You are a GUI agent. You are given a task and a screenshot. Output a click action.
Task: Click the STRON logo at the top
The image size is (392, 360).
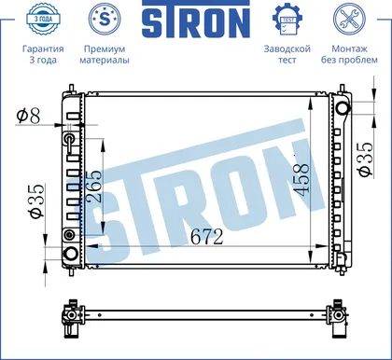tap(196, 20)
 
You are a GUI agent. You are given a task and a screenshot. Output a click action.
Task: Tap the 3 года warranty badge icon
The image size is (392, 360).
tap(43, 19)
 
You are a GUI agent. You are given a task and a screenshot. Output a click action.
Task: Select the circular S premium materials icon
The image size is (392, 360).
tap(105, 19)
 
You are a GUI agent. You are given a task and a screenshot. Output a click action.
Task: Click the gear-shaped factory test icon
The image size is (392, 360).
tap(287, 19)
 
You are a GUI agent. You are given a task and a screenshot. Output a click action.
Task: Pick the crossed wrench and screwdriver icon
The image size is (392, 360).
tap(349, 19)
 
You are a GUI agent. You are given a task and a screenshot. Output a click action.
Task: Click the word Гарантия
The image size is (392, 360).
tap(43, 48)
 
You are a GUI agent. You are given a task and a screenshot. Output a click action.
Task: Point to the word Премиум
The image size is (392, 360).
tap(105, 48)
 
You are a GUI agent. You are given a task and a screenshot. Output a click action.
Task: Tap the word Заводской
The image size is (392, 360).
tap(287, 48)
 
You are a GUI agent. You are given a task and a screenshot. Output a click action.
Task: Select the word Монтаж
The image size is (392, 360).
tap(349, 48)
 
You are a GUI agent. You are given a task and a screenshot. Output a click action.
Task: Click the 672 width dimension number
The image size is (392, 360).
tap(207, 237)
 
